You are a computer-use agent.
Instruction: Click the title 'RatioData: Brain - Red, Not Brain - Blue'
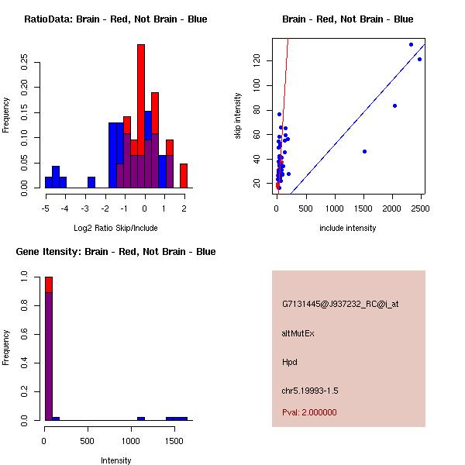(x=115, y=19)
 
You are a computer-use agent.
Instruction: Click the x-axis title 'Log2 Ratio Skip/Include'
(x=115, y=228)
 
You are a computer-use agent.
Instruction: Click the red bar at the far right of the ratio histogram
(x=184, y=175)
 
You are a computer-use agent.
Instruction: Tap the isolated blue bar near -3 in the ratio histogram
(x=91, y=182)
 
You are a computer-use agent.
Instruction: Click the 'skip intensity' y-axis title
(x=238, y=116)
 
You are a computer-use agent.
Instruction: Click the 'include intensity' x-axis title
(x=348, y=228)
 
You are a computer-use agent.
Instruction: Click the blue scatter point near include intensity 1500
(x=364, y=151)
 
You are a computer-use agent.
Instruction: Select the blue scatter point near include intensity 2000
(x=394, y=105)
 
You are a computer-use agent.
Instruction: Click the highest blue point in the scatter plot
(x=411, y=44)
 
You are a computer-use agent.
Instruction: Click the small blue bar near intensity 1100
(x=141, y=418)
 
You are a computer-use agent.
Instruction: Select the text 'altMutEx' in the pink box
(x=298, y=333)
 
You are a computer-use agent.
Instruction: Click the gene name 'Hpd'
(x=290, y=362)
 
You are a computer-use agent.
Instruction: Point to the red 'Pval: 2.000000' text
(x=309, y=412)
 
